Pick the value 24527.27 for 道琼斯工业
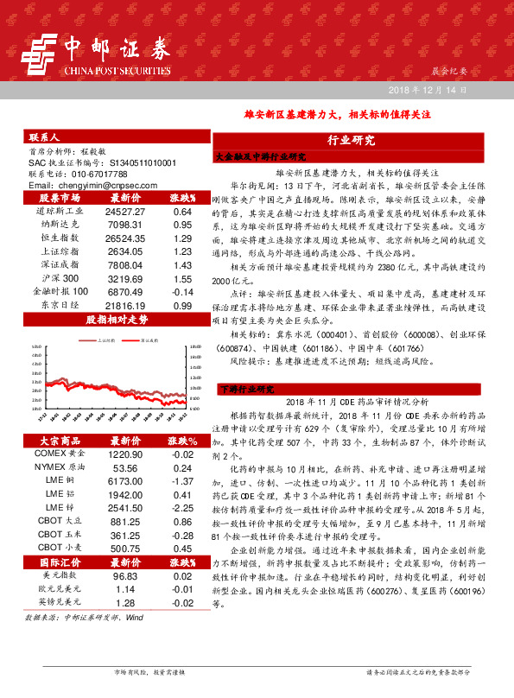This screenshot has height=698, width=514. [124, 211]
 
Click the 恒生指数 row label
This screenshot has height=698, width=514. [61, 238]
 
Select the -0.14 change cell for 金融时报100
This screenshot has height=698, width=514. [181, 292]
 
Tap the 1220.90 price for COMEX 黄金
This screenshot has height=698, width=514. [124, 454]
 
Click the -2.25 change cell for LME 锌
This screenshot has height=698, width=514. [181, 509]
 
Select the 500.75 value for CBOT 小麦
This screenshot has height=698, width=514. [124, 549]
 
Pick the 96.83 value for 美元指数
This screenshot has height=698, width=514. [124, 575]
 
